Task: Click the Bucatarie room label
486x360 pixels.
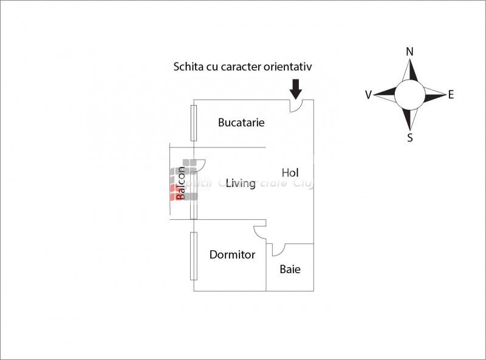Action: pos(241,122)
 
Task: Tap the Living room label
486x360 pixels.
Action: pos(240,183)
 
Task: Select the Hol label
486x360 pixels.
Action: pos(290,173)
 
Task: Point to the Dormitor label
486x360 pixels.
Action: pos(232,254)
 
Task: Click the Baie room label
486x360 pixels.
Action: pos(290,269)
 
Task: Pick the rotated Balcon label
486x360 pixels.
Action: pos(180,183)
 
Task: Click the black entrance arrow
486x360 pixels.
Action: pos(296,88)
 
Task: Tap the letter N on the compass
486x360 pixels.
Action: pos(409,52)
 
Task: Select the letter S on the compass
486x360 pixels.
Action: pos(410,138)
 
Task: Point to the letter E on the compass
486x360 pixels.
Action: pos(451,94)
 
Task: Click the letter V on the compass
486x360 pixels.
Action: pos(368,95)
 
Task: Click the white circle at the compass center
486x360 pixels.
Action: pos(409,95)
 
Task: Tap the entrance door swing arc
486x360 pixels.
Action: pos(296,106)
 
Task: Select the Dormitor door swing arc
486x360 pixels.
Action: pos(260,231)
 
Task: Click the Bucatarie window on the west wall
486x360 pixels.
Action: pos(193,124)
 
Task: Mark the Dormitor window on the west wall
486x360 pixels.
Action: pos(193,256)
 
